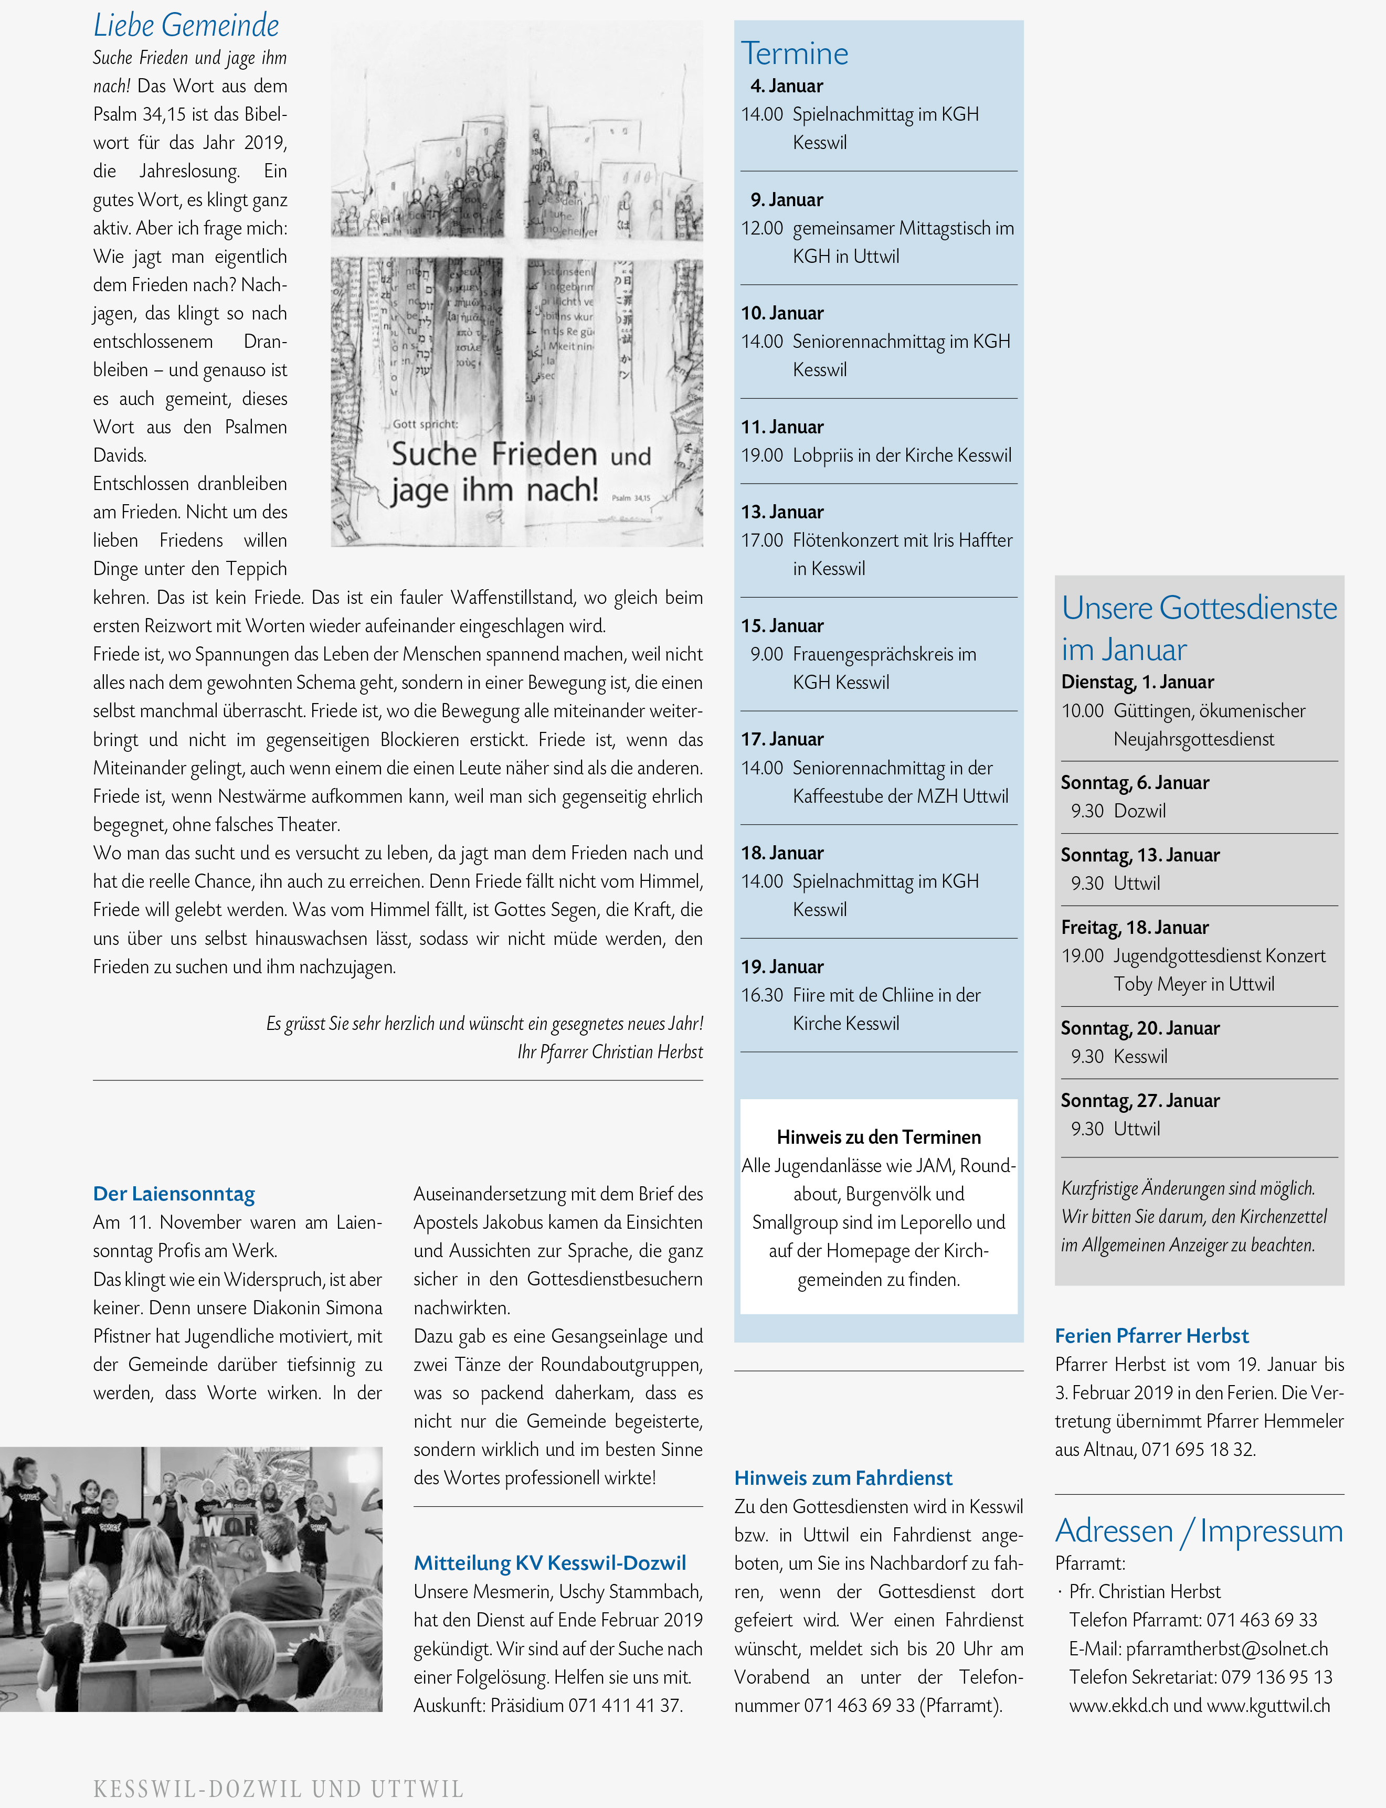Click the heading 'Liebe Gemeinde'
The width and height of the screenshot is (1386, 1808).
coord(186,26)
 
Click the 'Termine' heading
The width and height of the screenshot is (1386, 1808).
coord(795,54)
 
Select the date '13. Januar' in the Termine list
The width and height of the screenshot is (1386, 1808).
coord(782,512)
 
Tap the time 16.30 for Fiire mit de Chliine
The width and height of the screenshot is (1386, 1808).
coord(761,996)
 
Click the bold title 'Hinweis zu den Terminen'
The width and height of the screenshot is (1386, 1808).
coord(879,1137)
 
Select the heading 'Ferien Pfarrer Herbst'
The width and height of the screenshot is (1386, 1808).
coord(1152,1336)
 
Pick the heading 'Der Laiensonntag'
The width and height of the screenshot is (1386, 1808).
coord(174,1194)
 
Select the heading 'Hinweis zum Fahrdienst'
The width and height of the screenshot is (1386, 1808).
coord(843,1478)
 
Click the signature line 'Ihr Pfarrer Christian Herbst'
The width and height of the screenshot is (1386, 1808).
coord(610,1052)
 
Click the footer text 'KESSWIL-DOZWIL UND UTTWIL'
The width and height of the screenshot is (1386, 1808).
coord(278,1789)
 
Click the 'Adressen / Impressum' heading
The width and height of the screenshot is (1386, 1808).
coord(1199,1531)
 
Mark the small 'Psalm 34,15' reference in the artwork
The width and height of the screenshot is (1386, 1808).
coord(631,498)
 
